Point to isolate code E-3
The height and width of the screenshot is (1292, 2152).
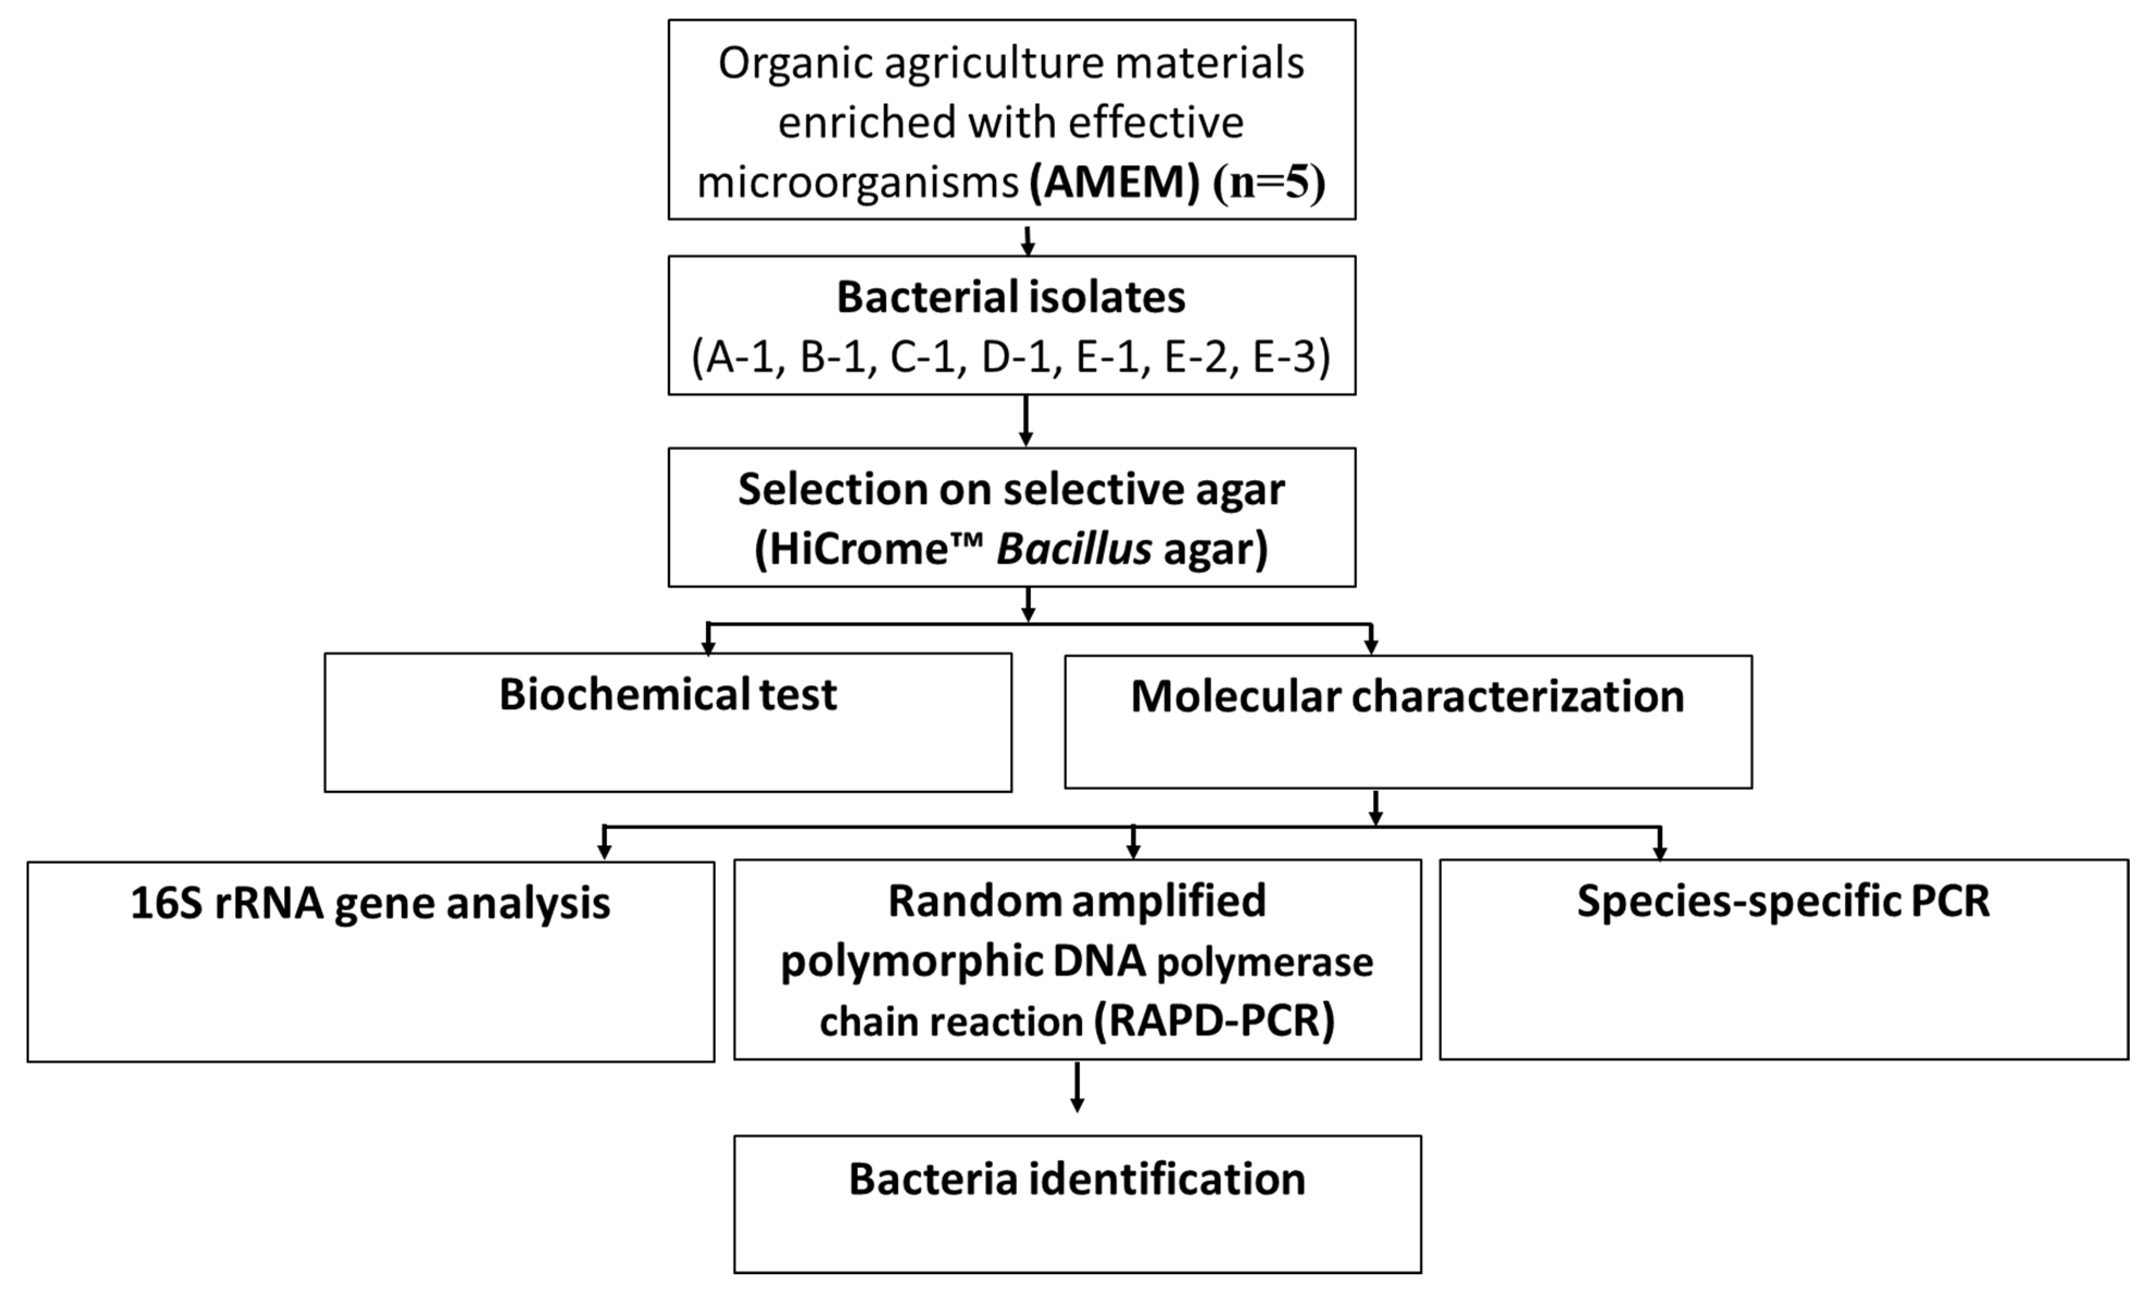coord(1283,357)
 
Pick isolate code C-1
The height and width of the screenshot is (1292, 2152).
coord(922,357)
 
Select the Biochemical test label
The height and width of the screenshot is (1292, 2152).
coord(667,695)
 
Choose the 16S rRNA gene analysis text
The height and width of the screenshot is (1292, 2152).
coord(370,903)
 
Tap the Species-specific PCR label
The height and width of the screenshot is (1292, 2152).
coord(1783,901)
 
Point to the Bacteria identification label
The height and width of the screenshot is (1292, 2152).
coord(1077,1179)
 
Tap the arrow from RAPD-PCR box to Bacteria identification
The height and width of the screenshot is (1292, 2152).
coord(1077,1088)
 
